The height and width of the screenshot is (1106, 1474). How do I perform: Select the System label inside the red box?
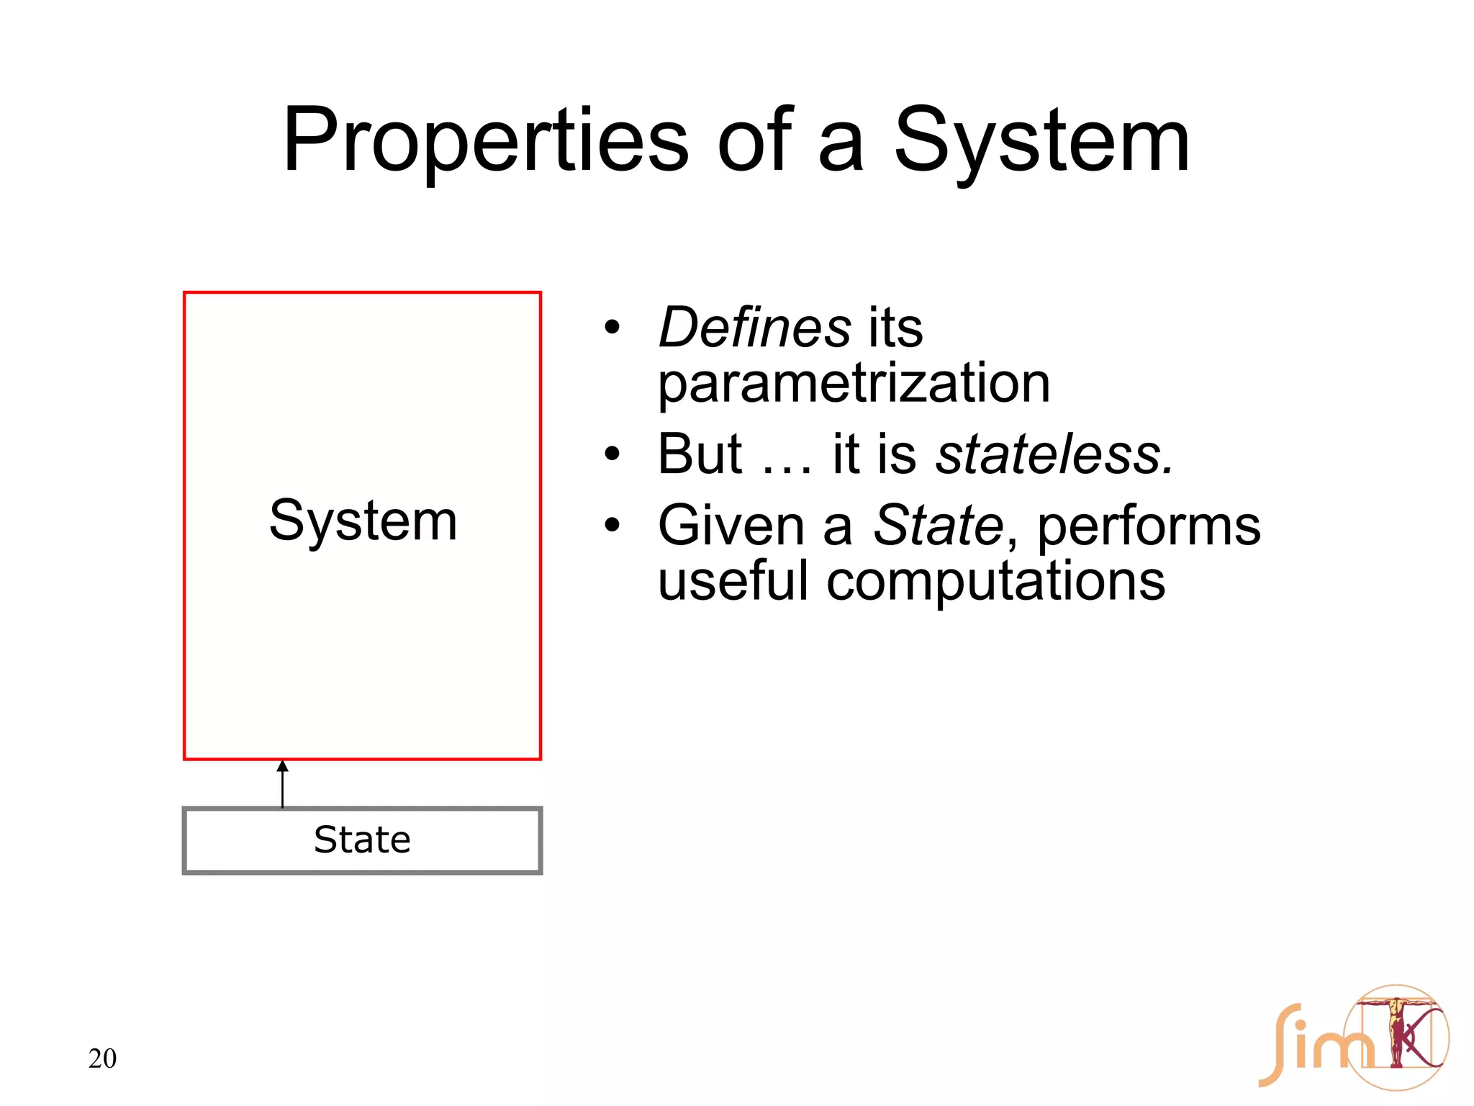click(x=363, y=521)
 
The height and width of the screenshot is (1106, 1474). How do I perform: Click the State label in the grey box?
click(x=362, y=840)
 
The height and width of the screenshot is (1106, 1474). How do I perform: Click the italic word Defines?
click(x=754, y=328)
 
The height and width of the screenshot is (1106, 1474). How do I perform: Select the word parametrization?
click(x=854, y=383)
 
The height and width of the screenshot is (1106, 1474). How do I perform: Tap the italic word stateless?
click(x=1054, y=455)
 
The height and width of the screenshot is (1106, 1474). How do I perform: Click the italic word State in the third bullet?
click(x=937, y=526)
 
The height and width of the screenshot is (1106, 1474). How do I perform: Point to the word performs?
click(x=1149, y=526)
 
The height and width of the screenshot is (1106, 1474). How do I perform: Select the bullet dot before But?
click(x=612, y=455)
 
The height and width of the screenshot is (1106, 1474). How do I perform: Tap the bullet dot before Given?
click(x=612, y=526)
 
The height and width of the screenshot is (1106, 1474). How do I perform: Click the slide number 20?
click(x=102, y=1058)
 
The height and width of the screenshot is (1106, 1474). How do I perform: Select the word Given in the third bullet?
click(x=731, y=526)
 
